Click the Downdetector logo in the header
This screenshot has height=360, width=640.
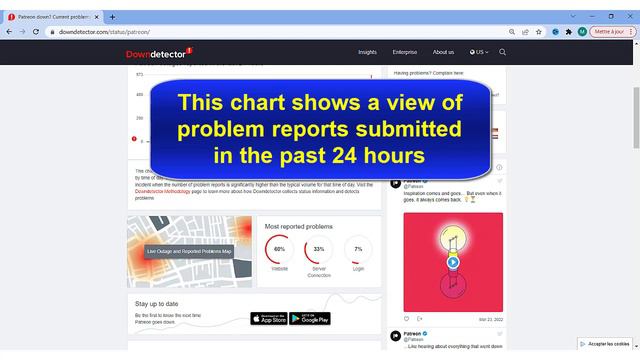[159, 53]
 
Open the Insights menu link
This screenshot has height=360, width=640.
[368, 52]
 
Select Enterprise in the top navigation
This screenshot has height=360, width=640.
[405, 52]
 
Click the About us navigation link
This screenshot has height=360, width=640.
[443, 52]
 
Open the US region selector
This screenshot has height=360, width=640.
[479, 52]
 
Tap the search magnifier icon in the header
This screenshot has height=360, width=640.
[502, 52]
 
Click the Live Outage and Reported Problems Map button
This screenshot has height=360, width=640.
[190, 251]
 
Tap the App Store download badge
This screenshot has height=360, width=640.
[268, 318]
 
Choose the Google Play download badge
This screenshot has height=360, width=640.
[310, 318]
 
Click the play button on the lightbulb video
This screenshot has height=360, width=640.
[453, 262]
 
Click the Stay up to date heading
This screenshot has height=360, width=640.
[158, 303]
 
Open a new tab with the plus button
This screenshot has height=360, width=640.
[113, 16]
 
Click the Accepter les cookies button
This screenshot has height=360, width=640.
[605, 343]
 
